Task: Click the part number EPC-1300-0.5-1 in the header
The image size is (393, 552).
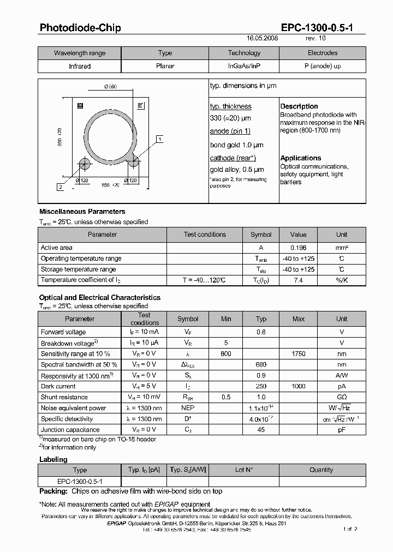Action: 316,28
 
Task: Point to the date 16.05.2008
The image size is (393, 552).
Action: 263,39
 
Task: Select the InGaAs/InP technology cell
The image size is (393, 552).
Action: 244,66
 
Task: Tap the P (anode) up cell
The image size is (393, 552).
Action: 322,66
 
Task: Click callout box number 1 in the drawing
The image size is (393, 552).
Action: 159,140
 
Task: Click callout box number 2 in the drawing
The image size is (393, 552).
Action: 60,187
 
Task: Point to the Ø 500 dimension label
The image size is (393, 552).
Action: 110,87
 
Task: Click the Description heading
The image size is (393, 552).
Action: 299,106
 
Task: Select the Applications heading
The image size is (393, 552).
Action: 301,158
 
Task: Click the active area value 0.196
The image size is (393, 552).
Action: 298,248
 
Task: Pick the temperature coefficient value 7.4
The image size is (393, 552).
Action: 298,280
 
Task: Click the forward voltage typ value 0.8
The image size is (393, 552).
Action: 261,332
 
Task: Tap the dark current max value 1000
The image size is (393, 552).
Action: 298,386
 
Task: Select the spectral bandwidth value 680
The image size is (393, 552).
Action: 261,364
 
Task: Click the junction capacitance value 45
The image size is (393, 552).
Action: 261,430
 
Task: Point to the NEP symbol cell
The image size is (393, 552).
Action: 188,408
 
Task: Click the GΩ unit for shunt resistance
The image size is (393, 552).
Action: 341,397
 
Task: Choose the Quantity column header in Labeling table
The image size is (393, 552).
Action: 321,470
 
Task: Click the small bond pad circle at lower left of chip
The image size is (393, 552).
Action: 85,164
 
